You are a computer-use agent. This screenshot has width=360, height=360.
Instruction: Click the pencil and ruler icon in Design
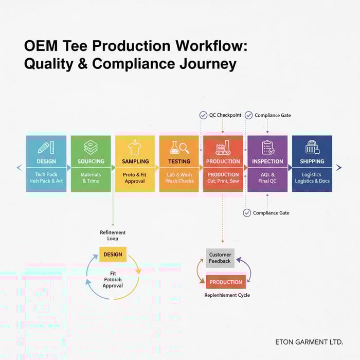click(x=46, y=148)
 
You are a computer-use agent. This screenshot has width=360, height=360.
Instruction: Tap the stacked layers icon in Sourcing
click(x=91, y=148)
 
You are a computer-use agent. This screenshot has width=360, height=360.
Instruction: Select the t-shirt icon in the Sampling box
click(x=135, y=148)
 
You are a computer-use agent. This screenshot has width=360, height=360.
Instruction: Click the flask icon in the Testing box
click(x=179, y=148)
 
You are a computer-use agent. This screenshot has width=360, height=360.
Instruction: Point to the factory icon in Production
click(x=223, y=148)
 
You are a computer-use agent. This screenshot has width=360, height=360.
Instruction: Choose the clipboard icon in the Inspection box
click(x=267, y=148)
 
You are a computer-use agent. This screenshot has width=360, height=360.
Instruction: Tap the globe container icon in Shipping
click(x=312, y=148)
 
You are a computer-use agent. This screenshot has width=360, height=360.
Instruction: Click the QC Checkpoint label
click(x=225, y=115)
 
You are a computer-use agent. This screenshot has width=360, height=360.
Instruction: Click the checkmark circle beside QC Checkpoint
click(x=203, y=115)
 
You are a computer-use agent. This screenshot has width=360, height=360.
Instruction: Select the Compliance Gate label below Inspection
click(x=271, y=213)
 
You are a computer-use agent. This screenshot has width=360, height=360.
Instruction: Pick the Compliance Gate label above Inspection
click(x=273, y=115)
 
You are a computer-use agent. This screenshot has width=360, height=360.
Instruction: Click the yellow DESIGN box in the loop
click(x=113, y=255)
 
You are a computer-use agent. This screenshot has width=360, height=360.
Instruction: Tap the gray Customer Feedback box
click(x=220, y=258)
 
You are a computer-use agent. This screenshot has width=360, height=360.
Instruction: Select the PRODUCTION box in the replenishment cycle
click(x=225, y=282)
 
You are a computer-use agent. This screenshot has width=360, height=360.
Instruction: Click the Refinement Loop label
click(x=113, y=236)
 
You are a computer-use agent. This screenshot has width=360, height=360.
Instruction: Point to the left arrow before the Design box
click(x=20, y=167)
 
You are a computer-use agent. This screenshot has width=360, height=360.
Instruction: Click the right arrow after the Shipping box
click(x=338, y=167)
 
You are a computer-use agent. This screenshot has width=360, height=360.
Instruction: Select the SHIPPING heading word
click(x=312, y=161)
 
